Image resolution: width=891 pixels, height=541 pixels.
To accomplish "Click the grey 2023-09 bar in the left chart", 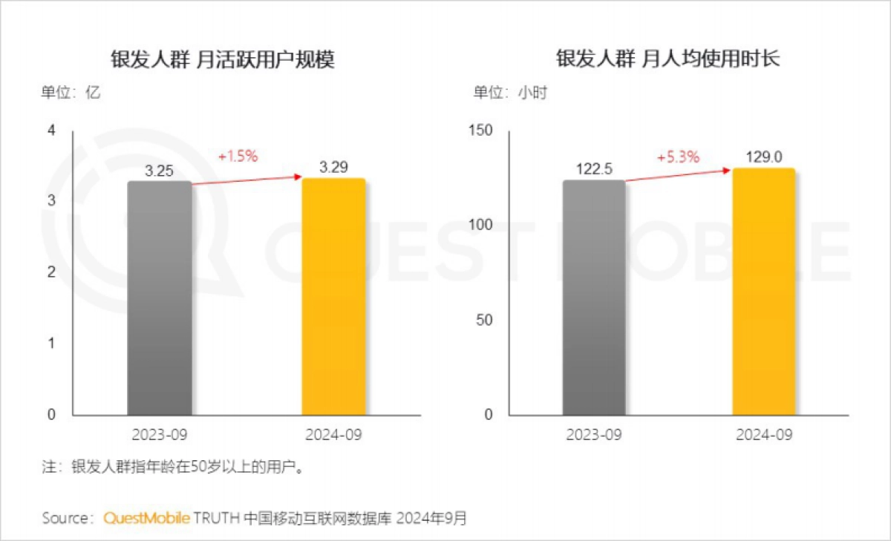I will [160, 297].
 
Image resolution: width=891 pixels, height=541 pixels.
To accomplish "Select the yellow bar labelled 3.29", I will [333, 297].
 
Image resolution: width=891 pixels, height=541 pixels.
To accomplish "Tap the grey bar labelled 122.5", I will [594, 297].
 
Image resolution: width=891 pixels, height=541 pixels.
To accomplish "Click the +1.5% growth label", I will [238, 157].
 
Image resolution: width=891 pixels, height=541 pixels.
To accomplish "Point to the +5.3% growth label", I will [678, 157].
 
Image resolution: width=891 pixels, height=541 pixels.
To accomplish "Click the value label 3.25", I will [159, 171].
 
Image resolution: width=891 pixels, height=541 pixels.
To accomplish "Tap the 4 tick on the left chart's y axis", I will [51, 131].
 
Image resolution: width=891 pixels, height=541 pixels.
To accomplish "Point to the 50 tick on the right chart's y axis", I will [486, 320].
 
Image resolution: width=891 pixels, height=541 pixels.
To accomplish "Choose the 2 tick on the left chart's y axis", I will [51, 272].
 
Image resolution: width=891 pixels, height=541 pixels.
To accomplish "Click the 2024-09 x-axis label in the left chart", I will [333, 435].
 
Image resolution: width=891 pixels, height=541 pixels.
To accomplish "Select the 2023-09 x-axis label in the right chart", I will [594, 435].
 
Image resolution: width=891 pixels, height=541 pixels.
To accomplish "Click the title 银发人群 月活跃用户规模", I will [223, 59].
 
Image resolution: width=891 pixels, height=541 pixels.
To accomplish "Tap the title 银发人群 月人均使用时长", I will [668, 59].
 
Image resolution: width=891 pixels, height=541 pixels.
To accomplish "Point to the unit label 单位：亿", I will [71, 93].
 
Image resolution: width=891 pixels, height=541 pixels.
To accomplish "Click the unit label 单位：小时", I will [511, 93].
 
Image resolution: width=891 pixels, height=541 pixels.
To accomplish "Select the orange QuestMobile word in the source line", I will [147, 517].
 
